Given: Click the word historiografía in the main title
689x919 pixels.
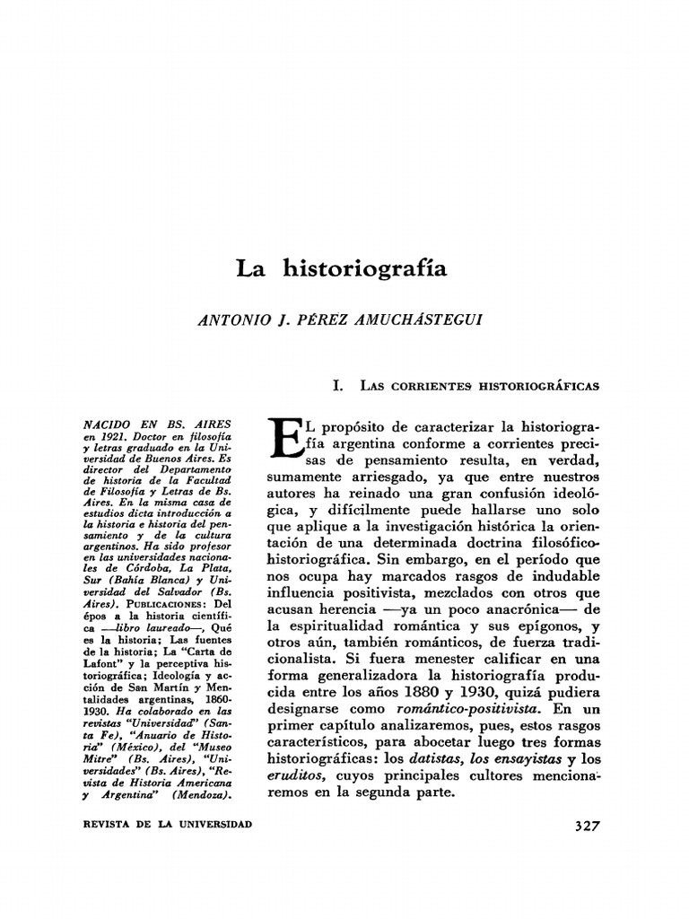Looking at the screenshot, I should click(364, 268).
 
